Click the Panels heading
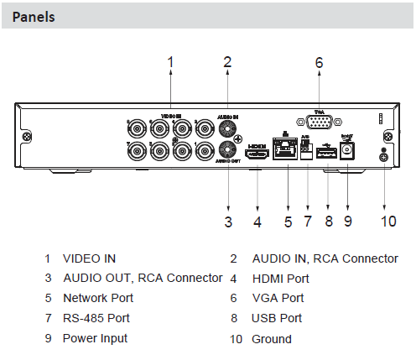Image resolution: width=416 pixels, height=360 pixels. (34, 17)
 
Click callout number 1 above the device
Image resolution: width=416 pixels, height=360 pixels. (170, 61)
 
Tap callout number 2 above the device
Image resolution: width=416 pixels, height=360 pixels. (227, 61)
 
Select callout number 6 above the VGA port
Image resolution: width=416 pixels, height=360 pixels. (319, 62)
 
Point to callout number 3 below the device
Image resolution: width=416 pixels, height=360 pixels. (227, 222)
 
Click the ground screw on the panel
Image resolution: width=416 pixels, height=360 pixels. (384, 156)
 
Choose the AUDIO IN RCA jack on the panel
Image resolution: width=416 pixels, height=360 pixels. (226, 129)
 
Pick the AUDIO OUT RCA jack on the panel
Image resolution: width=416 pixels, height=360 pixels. (226, 149)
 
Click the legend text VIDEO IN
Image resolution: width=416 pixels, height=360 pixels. (90, 258)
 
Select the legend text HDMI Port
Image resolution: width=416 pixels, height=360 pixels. (280, 279)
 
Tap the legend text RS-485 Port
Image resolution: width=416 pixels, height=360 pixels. (96, 319)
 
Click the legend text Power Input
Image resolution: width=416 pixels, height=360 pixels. (96, 338)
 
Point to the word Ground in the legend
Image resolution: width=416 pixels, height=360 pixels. (272, 339)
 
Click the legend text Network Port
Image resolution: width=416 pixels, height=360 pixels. (98, 298)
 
